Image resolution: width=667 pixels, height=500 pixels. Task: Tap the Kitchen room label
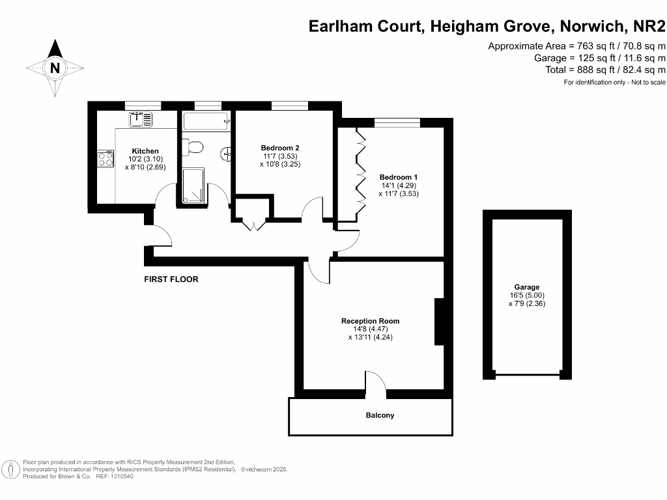(x=145, y=151)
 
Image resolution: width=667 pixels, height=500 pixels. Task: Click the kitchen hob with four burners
(x=106, y=159)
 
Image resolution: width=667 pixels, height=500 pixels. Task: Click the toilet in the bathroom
(x=193, y=148)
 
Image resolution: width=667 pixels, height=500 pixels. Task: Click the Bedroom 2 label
(x=279, y=148)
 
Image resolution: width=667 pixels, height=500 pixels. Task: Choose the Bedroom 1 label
(x=399, y=177)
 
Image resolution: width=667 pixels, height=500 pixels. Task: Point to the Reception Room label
(x=370, y=321)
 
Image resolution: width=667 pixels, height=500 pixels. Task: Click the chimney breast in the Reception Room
(x=440, y=322)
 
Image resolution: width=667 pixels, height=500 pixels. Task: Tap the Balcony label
(x=380, y=415)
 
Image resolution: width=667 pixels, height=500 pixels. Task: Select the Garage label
(x=527, y=287)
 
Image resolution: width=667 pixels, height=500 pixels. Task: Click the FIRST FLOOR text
(x=171, y=279)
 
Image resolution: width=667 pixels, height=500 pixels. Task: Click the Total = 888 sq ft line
(x=605, y=70)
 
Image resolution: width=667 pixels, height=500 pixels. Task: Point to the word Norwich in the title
(x=591, y=27)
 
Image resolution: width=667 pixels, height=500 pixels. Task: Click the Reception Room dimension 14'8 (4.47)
(x=370, y=329)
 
